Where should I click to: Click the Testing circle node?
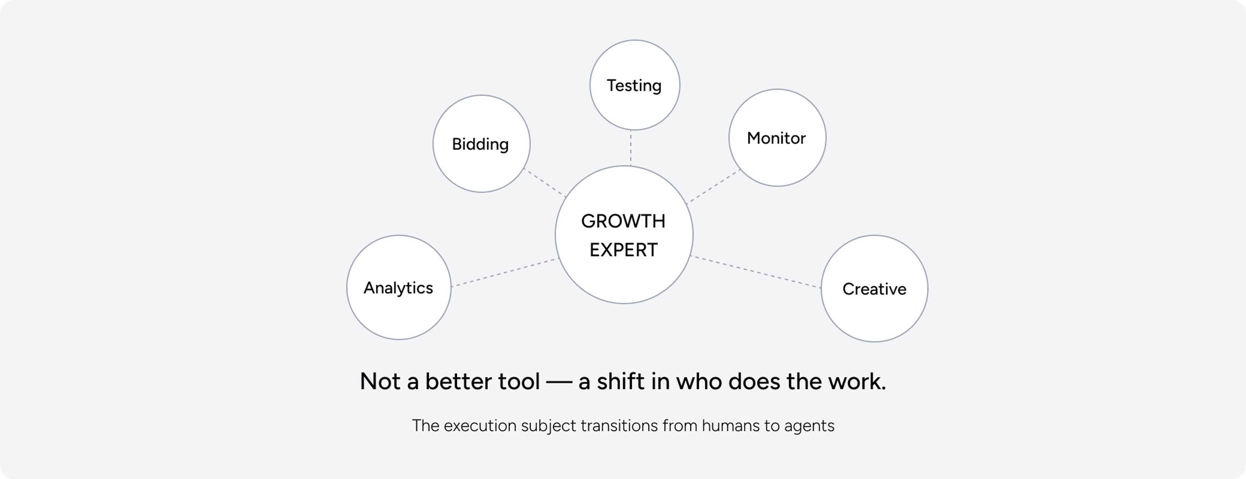(635, 85)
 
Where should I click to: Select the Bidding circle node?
(481, 144)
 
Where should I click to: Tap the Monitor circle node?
(777, 138)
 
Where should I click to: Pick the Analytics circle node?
(399, 287)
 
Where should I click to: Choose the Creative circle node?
(875, 289)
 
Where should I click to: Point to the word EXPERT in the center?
(623, 250)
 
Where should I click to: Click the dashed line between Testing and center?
(631, 148)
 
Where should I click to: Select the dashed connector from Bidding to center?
(545, 182)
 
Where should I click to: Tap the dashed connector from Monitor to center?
(713, 186)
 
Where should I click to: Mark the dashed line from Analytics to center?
(504, 273)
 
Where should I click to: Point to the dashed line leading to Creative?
(756, 272)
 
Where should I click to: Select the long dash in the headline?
(559, 382)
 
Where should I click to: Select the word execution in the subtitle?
(480, 426)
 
